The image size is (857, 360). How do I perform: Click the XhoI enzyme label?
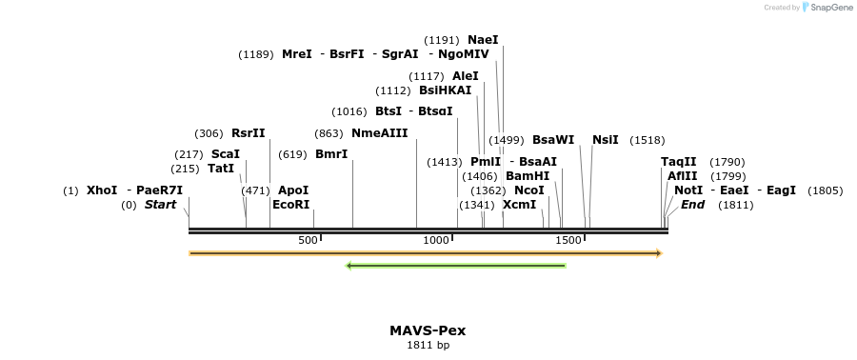coord(102,190)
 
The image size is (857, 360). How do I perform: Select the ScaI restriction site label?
coord(226,154)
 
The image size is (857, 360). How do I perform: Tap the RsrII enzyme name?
coord(249,133)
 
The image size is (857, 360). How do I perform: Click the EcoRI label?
coord(291,205)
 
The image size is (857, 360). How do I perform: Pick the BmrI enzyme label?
coord(331,154)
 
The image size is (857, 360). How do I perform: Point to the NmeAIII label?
coord(379,133)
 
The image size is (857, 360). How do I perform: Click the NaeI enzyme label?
coord(483,40)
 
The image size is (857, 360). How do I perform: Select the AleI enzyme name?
coord(466,76)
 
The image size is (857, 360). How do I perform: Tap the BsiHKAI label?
coord(445,91)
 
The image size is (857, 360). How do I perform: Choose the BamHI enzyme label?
coord(528,176)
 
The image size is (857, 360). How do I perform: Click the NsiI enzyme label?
coord(606,140)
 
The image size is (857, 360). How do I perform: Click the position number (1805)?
coord(825,190)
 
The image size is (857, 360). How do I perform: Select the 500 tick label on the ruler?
coord(308,241)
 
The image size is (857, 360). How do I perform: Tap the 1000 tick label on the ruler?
coord(436,241)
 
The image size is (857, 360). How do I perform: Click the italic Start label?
coord(160,205)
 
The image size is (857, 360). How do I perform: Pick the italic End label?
coord(692,205)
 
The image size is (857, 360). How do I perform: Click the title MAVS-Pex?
coord(428,331)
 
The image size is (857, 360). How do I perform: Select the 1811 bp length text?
coord(428,346)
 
